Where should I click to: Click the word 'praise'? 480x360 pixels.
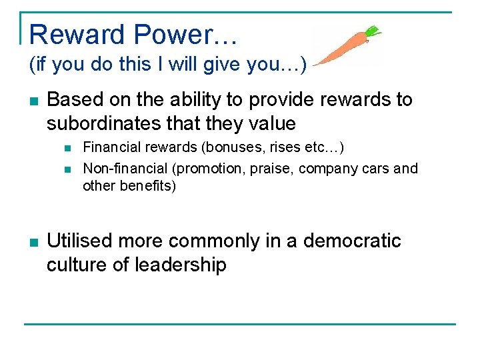click(271, 169)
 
